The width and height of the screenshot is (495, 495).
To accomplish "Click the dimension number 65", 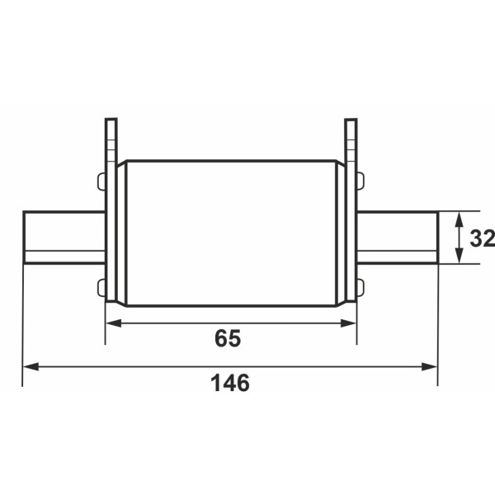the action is [x=228, y=338].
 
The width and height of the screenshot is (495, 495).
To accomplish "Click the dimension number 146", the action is [x=230, y=383].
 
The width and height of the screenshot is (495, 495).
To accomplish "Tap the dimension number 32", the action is [x=482, y=238].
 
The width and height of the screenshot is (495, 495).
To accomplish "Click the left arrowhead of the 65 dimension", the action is [x=114, y=323].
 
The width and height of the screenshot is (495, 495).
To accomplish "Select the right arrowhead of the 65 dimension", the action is [x=348, y=323].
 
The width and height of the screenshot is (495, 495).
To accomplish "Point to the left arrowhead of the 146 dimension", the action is [x=31, y=367].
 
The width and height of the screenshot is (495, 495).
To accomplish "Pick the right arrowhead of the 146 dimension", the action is [x=429, y=367].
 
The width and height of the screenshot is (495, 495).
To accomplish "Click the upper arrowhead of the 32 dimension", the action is [x=460, y=219].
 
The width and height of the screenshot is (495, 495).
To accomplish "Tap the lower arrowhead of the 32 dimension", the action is [x=460, y=256].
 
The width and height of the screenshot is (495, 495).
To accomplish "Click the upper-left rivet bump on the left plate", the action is [x=101, y=181].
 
